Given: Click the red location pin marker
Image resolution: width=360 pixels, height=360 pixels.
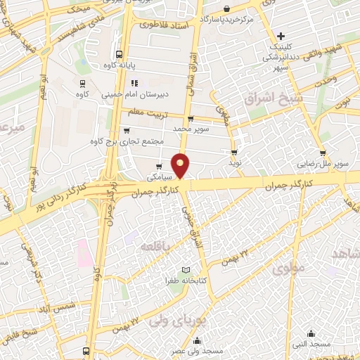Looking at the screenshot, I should [181, 165].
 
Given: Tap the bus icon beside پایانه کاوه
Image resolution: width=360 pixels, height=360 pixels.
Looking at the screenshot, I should [119, 53].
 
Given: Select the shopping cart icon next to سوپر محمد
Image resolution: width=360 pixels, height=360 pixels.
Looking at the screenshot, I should [191, 118].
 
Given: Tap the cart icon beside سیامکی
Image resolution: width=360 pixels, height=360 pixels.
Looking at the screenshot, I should [159, 167].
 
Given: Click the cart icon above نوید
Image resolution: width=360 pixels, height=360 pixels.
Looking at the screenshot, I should [234, 151].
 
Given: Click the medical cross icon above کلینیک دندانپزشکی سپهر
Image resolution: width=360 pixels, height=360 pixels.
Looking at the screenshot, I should [281, 36].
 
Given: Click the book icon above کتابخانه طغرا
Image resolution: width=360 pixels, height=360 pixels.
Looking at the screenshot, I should [186, 270].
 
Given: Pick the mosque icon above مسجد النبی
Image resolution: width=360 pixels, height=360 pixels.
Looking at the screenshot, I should [311, 333].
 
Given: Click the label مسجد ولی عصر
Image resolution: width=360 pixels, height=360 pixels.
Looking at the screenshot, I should [200, 350].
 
